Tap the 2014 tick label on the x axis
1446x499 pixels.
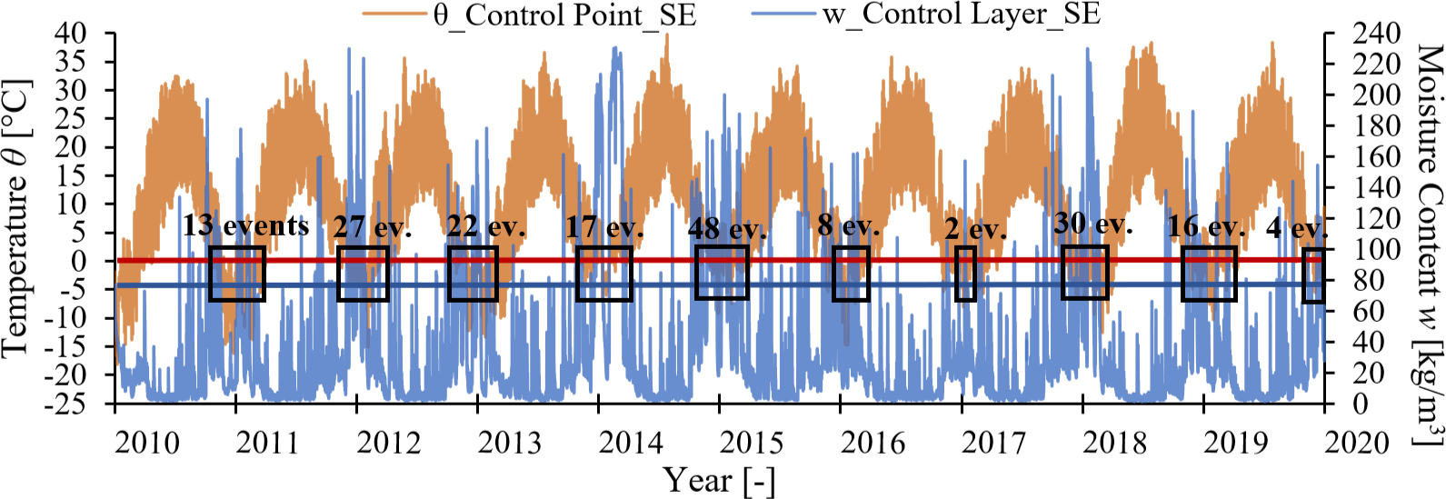630,443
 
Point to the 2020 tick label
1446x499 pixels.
1357,443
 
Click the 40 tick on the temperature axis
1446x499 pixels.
71,34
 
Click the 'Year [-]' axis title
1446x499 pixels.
719,480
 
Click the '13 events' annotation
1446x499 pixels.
245,225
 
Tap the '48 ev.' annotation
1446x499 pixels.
727,229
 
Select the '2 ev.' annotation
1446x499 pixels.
975,229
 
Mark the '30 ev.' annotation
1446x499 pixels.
1093,224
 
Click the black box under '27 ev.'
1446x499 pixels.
363,274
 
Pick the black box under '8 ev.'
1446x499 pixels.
851,274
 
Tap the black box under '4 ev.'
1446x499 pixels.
1312,275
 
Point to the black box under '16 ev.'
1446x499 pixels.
1209,274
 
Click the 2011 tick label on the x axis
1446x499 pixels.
267,443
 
